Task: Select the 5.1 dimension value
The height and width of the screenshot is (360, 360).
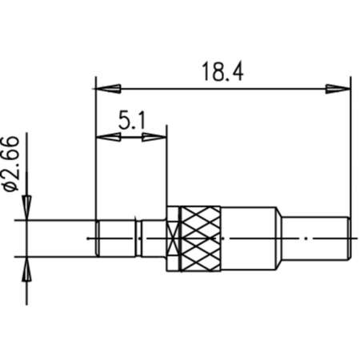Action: (x=132, y=122)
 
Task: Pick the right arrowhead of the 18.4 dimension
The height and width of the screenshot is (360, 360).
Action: (x=340, y=87)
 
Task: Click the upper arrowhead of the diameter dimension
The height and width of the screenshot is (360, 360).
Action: (x=26, y=210)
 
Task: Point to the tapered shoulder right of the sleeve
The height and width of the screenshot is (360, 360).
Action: (x=281, y=238)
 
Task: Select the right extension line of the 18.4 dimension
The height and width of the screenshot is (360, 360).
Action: (x=350, y=152)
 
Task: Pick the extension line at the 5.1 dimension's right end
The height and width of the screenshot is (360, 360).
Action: (x=167, y=168)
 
